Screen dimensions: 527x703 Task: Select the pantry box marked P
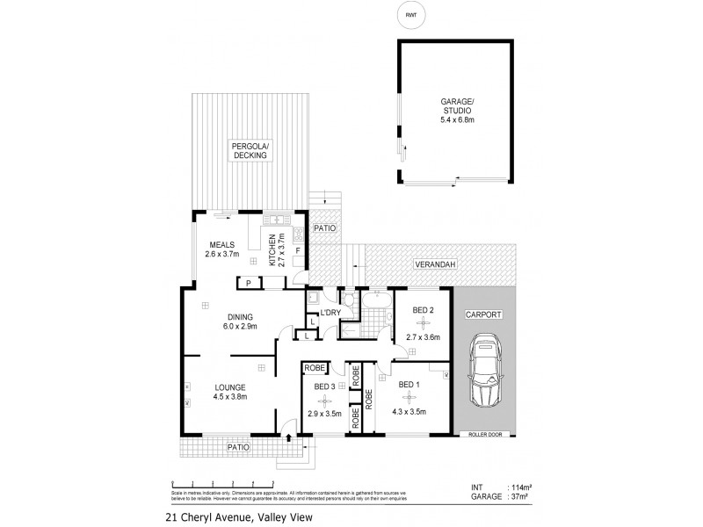click(x=249, y=282)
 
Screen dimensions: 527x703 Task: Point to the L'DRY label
click(x=330, y=314)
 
